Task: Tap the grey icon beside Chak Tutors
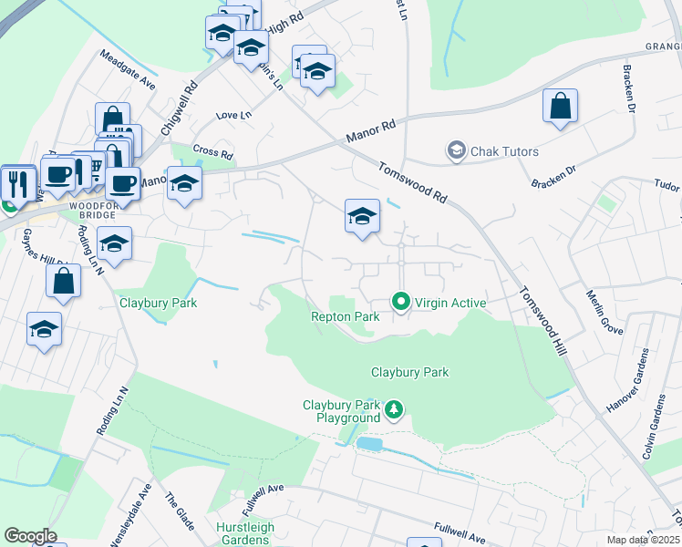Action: coord(456,150)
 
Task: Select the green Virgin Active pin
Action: coord(399,300)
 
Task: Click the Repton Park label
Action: coord(345,317)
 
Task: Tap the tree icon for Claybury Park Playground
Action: coord(394,411)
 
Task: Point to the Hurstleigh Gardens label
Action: coord(245,534)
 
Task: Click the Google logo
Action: coord(30,536)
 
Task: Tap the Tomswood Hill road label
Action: coord(541,320)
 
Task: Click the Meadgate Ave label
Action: coord(129,69)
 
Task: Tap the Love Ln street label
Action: coord(233,116)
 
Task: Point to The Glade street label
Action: coord(175,513)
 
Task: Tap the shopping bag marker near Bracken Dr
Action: coord(560,106)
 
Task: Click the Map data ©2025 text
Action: coord(644,540)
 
